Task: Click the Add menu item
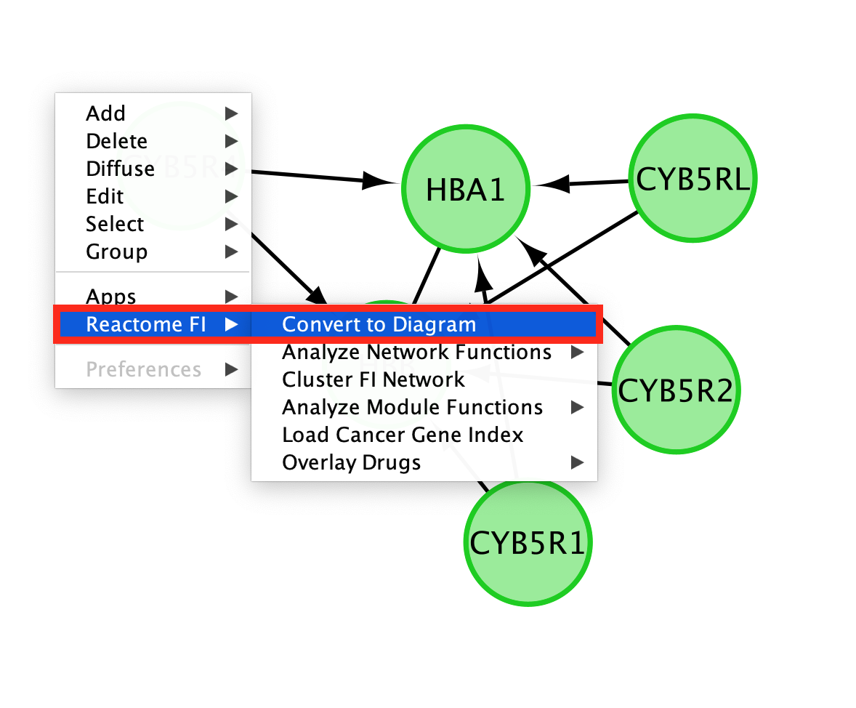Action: point(106,113)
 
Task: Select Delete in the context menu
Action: point(116,141)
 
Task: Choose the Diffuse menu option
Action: point(120,169)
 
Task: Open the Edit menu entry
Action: point(105,196)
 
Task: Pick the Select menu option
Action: point(115,224)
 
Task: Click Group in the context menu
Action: point(116,252)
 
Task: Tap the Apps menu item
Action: point(111,297)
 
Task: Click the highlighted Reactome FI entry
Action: point(145,324)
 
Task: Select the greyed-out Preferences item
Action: point(143,369)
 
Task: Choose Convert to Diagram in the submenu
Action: point(379,324)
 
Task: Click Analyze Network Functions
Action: point(416,352)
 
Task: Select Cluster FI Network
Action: point(373,379)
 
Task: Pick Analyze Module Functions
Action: point(412,407)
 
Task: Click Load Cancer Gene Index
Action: point(403,435)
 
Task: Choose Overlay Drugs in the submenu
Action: point(351,462)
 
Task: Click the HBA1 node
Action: point(465,190)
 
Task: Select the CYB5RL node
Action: point(693,179)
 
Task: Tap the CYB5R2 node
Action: point(676,390)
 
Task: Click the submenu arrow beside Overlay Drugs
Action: point(577,462)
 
